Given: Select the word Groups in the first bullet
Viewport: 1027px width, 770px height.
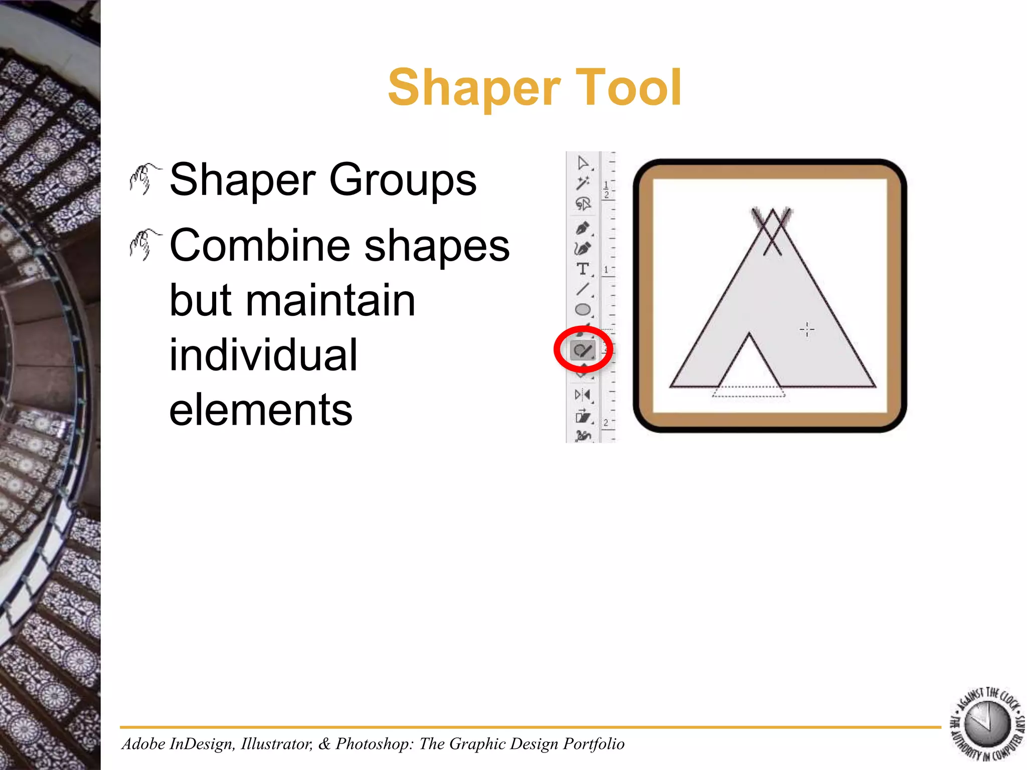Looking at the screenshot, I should point(403,180).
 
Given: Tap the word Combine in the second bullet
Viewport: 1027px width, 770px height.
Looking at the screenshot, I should point(260,245).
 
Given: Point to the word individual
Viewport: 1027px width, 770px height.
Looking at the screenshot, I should point(263,355).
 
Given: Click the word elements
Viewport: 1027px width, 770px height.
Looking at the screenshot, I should point(261,410).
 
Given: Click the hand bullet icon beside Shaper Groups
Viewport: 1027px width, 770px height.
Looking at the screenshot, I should point(144,178).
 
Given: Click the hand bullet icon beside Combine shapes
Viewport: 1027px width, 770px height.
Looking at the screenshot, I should point(144,245).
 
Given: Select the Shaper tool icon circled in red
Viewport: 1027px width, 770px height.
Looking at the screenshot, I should point(583,350).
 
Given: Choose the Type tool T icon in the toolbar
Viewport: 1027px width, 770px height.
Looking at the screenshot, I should point(582,269).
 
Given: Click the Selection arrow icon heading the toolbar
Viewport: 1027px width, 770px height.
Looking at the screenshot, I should point(582,163).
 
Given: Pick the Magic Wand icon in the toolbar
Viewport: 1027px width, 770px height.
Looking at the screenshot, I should point(582,183).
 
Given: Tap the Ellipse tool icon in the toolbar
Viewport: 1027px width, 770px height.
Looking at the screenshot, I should point(582,309).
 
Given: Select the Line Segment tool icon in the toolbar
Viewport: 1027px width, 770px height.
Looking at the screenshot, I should point(582,289).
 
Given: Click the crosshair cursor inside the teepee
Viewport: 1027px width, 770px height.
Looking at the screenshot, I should point(807,329).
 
